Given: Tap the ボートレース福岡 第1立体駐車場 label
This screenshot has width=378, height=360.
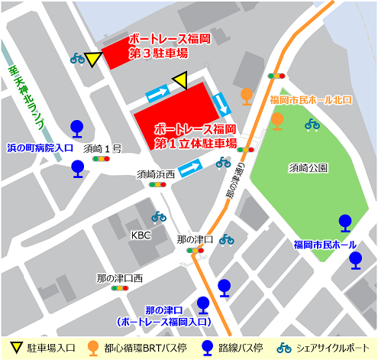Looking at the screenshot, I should point(195,135).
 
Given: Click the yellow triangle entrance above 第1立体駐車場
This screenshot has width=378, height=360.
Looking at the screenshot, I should point(180,80).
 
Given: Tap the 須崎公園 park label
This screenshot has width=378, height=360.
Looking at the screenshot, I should point(309,167).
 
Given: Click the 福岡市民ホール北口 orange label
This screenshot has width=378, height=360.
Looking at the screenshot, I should point(311,99).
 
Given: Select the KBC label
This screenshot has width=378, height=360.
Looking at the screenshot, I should point(141,235).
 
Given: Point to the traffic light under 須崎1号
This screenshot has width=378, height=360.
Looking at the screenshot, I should point(100,160).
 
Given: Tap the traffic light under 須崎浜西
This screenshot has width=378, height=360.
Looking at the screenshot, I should point(157,184).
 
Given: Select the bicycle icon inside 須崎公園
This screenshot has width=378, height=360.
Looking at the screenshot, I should point(312,124).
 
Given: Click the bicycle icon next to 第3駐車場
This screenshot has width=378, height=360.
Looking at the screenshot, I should point(77,58).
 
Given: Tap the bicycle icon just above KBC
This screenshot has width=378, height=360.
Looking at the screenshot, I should point(158,217).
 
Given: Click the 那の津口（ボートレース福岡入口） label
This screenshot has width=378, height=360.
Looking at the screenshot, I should point(164,316).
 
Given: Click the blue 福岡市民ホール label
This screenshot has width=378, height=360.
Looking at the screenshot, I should point(325,245).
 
